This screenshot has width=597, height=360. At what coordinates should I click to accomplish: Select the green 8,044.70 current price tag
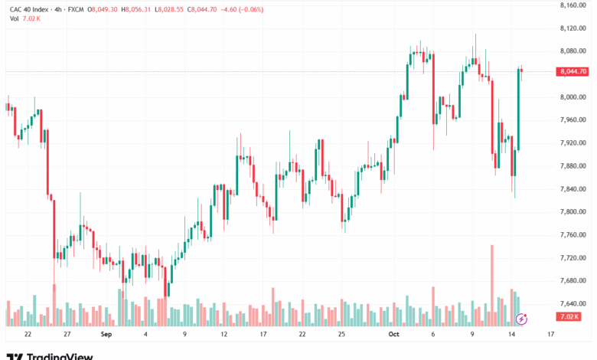(x=573, y=71)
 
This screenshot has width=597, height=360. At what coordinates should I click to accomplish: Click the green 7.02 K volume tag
(x=569, y=316)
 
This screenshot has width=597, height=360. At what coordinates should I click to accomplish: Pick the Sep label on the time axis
(x=106, y=335)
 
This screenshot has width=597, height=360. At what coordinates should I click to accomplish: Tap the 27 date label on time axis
(x=67, y=335)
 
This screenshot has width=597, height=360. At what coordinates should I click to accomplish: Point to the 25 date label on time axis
(x=341, y=335)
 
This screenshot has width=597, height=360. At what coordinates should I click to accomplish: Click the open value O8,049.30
(x=103, y=9)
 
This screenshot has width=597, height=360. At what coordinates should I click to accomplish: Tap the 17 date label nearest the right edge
(x=551, y=335)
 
